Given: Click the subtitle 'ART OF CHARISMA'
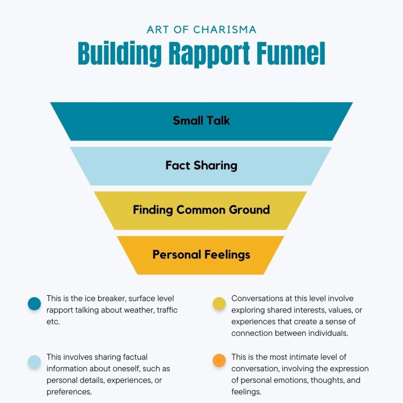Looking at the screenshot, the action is [201, 30].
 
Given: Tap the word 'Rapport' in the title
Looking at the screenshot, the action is [209, 54].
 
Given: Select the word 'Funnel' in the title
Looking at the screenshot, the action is [291, 54].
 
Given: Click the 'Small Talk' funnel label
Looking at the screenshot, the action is [201, 120].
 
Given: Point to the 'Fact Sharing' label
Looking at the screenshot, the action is [201, 166].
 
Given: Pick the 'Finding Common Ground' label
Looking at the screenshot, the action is [201, 210].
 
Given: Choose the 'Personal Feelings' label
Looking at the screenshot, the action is [201, 255].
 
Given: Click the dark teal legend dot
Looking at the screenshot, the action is [35, 303].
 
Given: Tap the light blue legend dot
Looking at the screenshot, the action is [35, 362].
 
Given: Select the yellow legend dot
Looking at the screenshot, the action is [219, 303].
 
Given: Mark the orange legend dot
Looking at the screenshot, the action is [219, 360].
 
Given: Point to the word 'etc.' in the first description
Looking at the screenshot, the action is [53, 322].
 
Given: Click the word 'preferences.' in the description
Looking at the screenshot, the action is [69, 392].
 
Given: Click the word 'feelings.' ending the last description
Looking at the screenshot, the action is [246, 392].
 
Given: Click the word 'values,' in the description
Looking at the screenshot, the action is [340, 310].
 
